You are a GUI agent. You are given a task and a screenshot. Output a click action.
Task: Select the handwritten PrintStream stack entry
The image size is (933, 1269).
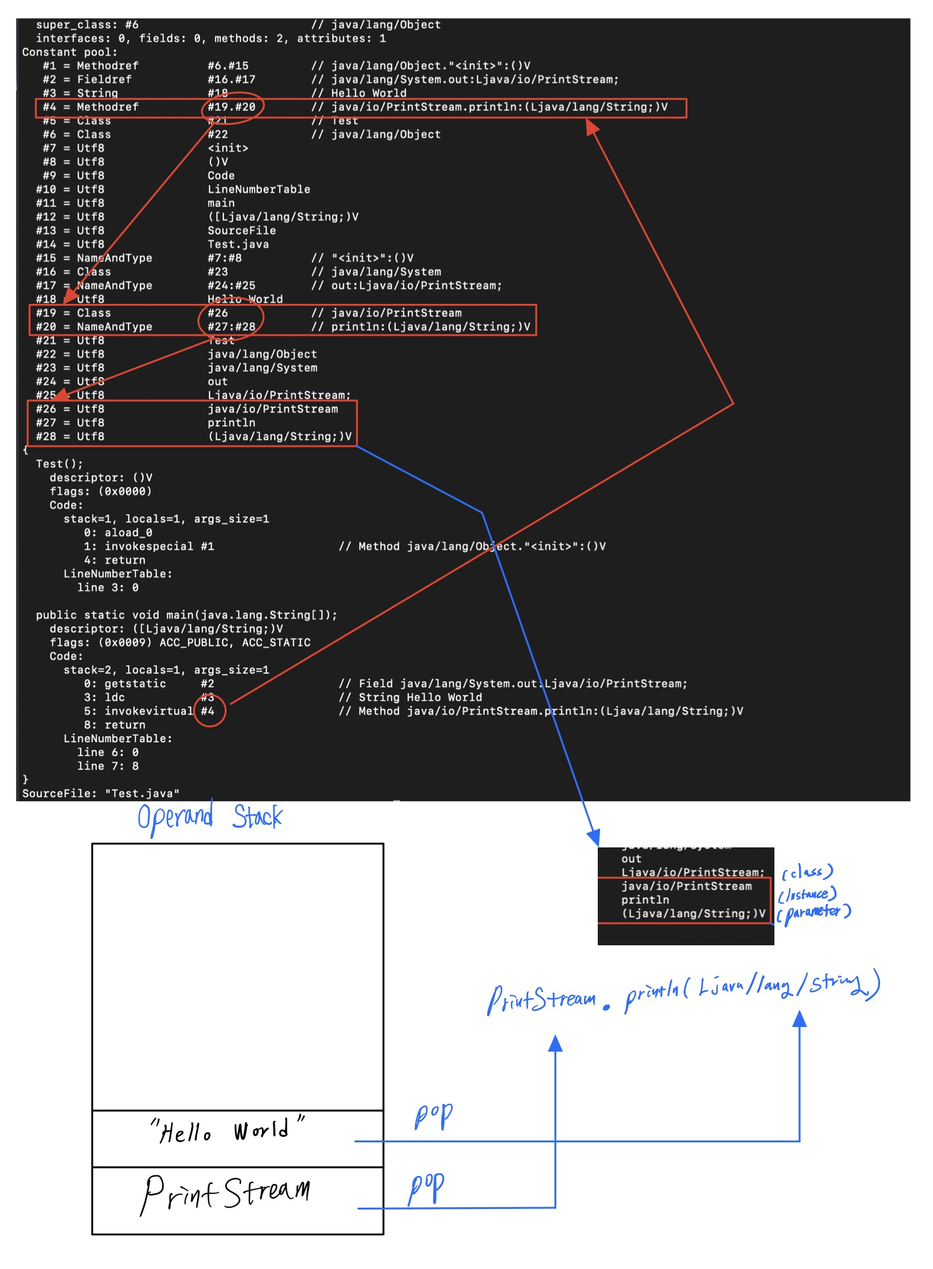[226, 1194]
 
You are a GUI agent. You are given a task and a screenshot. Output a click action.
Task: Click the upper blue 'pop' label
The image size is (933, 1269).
[433, 1116]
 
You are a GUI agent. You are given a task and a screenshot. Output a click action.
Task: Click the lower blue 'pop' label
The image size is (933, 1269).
[426, 1187]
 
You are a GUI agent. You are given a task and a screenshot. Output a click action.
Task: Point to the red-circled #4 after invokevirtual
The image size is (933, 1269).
[208, 711]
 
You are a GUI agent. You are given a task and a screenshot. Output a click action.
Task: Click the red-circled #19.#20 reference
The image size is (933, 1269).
[231, 107]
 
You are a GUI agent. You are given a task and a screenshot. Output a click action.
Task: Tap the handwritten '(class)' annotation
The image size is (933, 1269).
[807, 872]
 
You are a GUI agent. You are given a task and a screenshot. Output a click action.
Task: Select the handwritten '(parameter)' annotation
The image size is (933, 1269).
[814, 913]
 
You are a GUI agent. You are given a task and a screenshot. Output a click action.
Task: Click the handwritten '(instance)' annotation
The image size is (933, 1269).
[807, 895]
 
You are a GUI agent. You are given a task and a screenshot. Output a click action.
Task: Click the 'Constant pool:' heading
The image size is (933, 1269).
[70, 52]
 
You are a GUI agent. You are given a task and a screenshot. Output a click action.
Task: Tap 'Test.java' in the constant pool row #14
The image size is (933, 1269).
[238, 244]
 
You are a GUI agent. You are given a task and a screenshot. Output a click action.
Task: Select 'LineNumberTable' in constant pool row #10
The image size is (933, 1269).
[259, 189]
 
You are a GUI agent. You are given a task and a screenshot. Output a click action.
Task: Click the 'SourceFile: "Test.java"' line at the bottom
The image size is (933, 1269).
[101, 793]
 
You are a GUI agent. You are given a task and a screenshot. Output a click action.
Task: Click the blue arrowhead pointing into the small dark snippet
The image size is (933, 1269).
[593, 837]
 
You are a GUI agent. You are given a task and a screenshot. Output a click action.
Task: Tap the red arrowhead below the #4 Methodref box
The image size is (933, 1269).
[592, 126]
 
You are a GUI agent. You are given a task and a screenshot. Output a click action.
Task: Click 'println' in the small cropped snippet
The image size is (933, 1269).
[645, 900]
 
